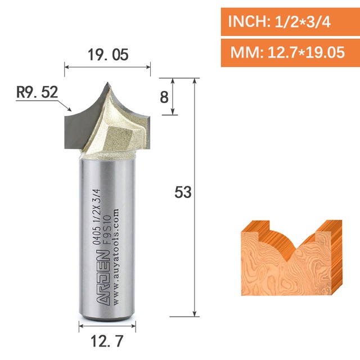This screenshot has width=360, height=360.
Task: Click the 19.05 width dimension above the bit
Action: [108, 55]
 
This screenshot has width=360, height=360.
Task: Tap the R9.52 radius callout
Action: [37, 92]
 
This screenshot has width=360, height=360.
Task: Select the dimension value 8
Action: [164, 97]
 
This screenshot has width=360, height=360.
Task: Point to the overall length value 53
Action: [183, 192]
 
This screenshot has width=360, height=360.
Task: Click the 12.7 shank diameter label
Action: [107, 341]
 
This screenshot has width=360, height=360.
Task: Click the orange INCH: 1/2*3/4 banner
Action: [290, 22]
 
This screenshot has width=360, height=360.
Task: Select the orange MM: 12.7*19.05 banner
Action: [290, 52]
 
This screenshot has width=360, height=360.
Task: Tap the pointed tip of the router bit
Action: [107, 83]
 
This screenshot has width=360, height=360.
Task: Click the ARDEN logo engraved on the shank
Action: [102, 278]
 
